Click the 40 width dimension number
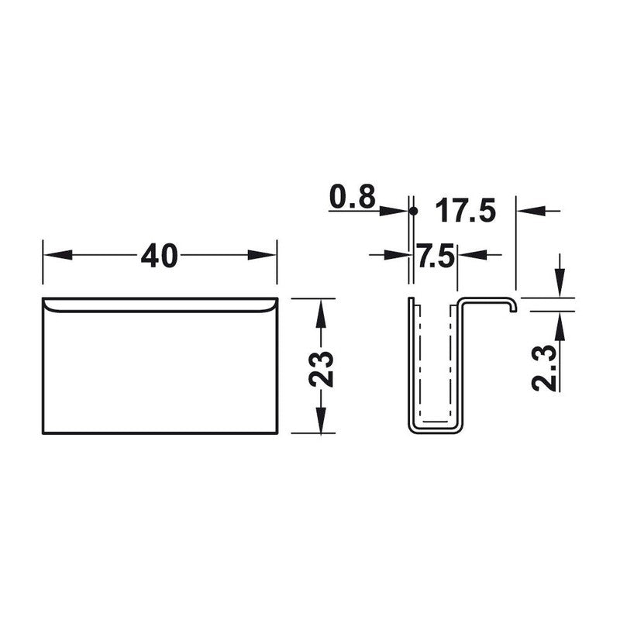coord(159,255)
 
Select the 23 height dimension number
coord(321,369)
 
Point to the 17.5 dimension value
coord(465,210)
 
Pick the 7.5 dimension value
coord(434,255)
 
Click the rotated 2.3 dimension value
coord(545,367)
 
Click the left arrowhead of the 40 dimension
coord(57,255)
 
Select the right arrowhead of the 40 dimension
coord(262,255)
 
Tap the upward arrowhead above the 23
coord(321,313)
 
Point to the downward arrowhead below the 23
coord(321,419)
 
